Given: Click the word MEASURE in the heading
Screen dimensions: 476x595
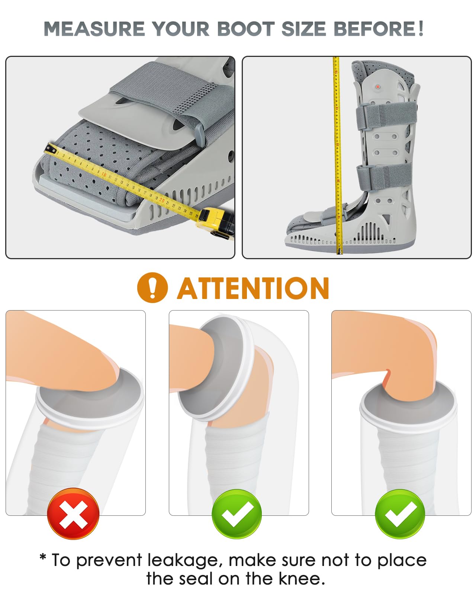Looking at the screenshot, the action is pos(94,29).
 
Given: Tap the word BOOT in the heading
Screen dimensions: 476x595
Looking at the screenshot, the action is pos(246,29).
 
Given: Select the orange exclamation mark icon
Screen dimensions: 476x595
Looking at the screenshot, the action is pos(152,287).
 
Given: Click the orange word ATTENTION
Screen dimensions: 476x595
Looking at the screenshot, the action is pos(253,288).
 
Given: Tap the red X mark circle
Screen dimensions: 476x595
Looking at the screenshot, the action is pos(73,514).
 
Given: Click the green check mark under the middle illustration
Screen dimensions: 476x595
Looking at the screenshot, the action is pos(237,514).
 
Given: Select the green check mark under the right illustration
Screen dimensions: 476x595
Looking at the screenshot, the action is pos(400,514).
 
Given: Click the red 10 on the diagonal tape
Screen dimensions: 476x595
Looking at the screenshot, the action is pos(104,174).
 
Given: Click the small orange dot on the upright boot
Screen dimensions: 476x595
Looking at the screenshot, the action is pos(378,87).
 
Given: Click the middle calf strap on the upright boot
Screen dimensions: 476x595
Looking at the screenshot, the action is pos(384,176).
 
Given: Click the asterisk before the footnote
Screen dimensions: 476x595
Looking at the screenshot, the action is pos(43,557).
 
